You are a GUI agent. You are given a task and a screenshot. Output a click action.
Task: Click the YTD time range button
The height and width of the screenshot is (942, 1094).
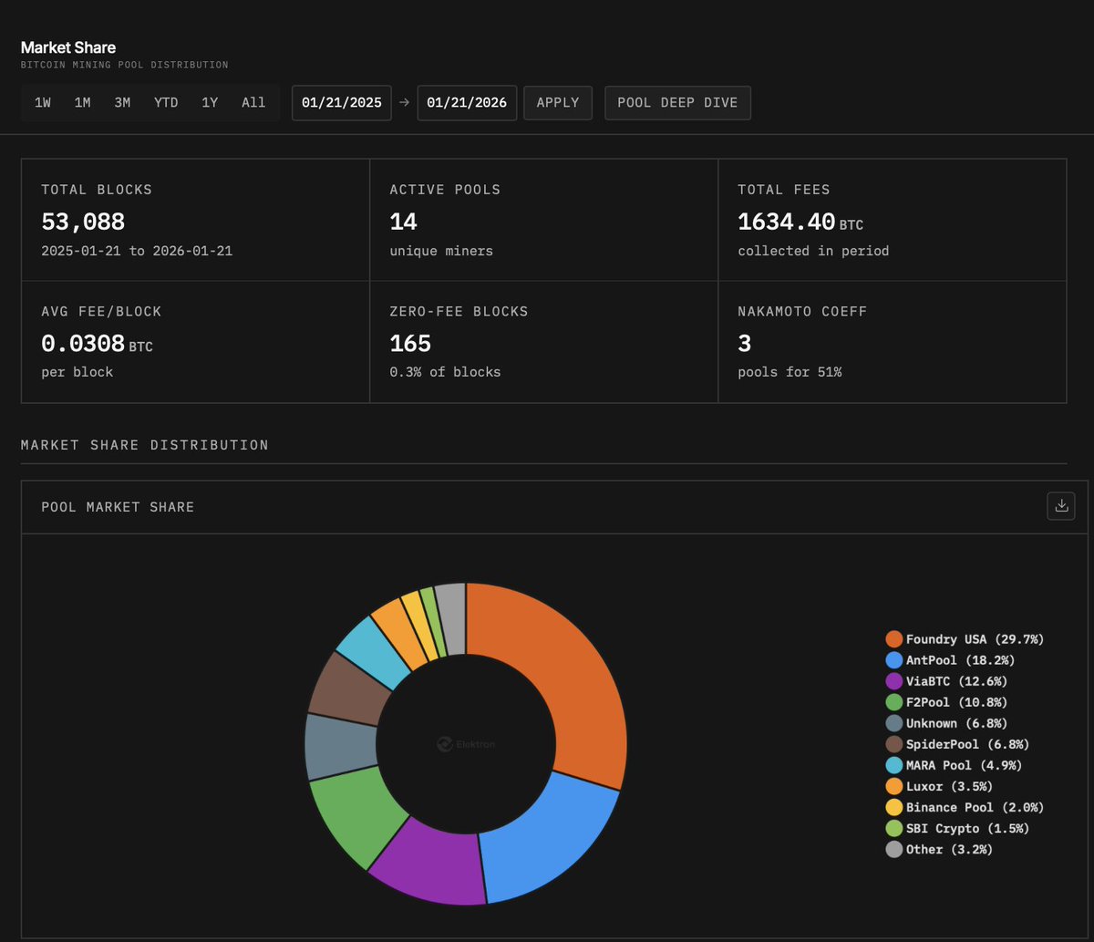tap(166, 103)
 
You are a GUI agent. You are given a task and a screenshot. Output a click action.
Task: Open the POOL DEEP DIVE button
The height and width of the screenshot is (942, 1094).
tap(677, 103)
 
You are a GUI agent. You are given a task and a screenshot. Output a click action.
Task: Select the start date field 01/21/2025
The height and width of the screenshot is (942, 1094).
tap(342, 103)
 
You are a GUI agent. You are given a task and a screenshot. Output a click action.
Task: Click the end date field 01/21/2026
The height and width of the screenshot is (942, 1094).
tap(468, 103)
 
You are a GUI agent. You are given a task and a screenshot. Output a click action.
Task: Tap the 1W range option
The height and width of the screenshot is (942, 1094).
tap(43, 103)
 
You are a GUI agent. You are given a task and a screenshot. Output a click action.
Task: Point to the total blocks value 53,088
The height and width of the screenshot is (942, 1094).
tap(83, 222)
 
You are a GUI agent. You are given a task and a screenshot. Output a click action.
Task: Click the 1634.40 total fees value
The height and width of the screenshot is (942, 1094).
tap(786, 222)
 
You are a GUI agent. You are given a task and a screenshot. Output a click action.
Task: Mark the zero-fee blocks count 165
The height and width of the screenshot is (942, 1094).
tap(410, 344)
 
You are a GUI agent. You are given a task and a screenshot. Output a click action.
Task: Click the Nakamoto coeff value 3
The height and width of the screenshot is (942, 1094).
tap(744, 344)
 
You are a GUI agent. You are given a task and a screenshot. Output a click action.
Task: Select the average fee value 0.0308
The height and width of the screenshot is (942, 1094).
tap(83, 344)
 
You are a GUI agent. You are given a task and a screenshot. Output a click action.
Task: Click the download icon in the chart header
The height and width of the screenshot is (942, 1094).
tap(1061, 506)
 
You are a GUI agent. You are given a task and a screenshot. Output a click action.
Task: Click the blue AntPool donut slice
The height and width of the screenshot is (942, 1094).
tap(547, 839)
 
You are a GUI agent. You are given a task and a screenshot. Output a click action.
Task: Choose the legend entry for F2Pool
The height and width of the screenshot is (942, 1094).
tap(944, 702)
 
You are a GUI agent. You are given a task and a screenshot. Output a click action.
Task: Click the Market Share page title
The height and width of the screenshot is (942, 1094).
tap(68, 47)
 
